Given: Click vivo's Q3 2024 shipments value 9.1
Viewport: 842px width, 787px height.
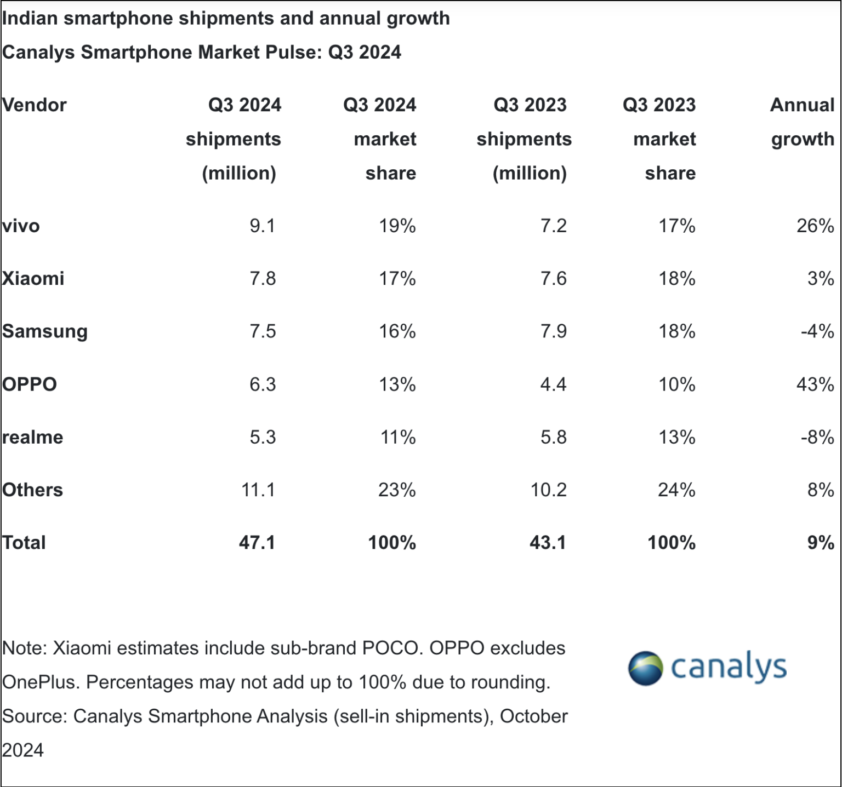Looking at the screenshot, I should [262, 226].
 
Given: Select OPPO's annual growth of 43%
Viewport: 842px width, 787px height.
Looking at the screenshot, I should [815, 384].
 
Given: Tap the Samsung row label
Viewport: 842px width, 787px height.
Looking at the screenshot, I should [45, 332].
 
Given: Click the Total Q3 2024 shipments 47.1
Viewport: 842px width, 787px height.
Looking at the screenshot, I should [257, 543].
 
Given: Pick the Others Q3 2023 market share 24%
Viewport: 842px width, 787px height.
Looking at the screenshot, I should [676, 490].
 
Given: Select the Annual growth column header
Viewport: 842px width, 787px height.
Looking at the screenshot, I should [802, 122].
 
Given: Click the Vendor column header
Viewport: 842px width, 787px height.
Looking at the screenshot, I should [34, 105].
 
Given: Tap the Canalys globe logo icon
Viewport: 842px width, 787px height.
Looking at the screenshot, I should [645, 668].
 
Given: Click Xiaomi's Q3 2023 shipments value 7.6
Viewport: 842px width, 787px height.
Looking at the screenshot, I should [553, 279].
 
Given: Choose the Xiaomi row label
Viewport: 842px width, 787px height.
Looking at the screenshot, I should [33, 279].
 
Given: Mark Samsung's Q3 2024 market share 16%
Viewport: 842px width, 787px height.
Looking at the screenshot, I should [397, 331].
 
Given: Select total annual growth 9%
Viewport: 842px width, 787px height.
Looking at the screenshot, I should [820, 543].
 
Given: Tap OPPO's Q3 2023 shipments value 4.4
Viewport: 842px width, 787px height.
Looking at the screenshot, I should [553, 384].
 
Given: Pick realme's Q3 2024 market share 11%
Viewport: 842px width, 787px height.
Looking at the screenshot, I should [398, 437].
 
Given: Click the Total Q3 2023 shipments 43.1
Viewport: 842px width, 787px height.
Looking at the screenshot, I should [548, 543].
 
